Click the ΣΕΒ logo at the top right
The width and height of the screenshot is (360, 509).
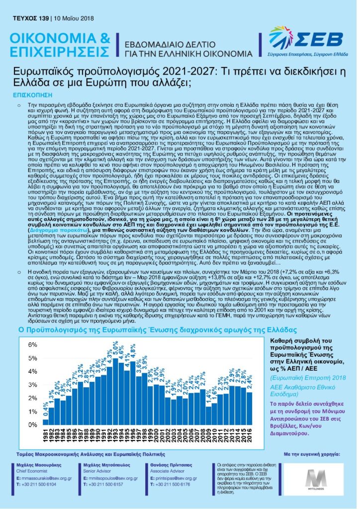[305, 40]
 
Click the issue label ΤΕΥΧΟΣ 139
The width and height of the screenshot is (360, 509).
[27, 18]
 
